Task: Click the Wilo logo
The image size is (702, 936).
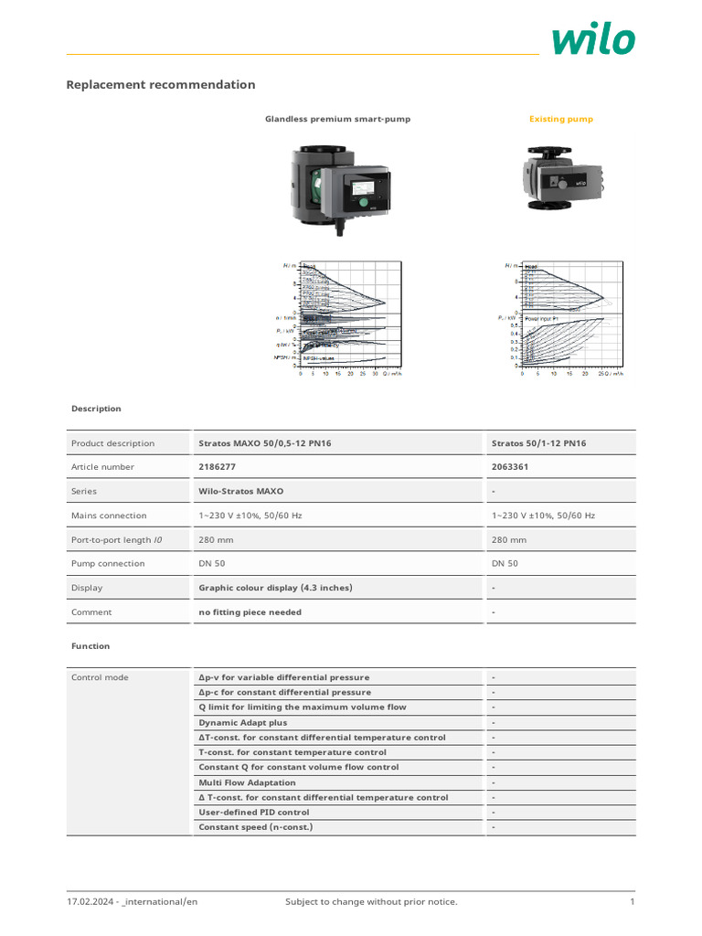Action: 593,39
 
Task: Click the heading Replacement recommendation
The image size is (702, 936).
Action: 161,85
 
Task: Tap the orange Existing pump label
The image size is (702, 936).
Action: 561,119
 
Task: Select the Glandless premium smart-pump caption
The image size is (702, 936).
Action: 337,119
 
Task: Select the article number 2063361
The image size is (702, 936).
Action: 510,467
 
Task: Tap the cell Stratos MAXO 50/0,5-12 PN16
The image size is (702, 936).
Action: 265,443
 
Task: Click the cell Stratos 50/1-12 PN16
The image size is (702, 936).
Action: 539,443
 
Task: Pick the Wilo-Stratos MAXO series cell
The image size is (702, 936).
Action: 241,491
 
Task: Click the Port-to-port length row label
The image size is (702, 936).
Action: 116,540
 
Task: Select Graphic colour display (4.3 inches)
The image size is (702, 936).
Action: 275,588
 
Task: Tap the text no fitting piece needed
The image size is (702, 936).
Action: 250,612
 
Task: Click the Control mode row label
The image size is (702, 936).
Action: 100,677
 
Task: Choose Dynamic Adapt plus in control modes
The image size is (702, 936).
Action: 242,722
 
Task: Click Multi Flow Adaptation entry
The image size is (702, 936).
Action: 247,782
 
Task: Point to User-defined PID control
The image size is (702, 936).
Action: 254,812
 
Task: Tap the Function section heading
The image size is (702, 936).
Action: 90,646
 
